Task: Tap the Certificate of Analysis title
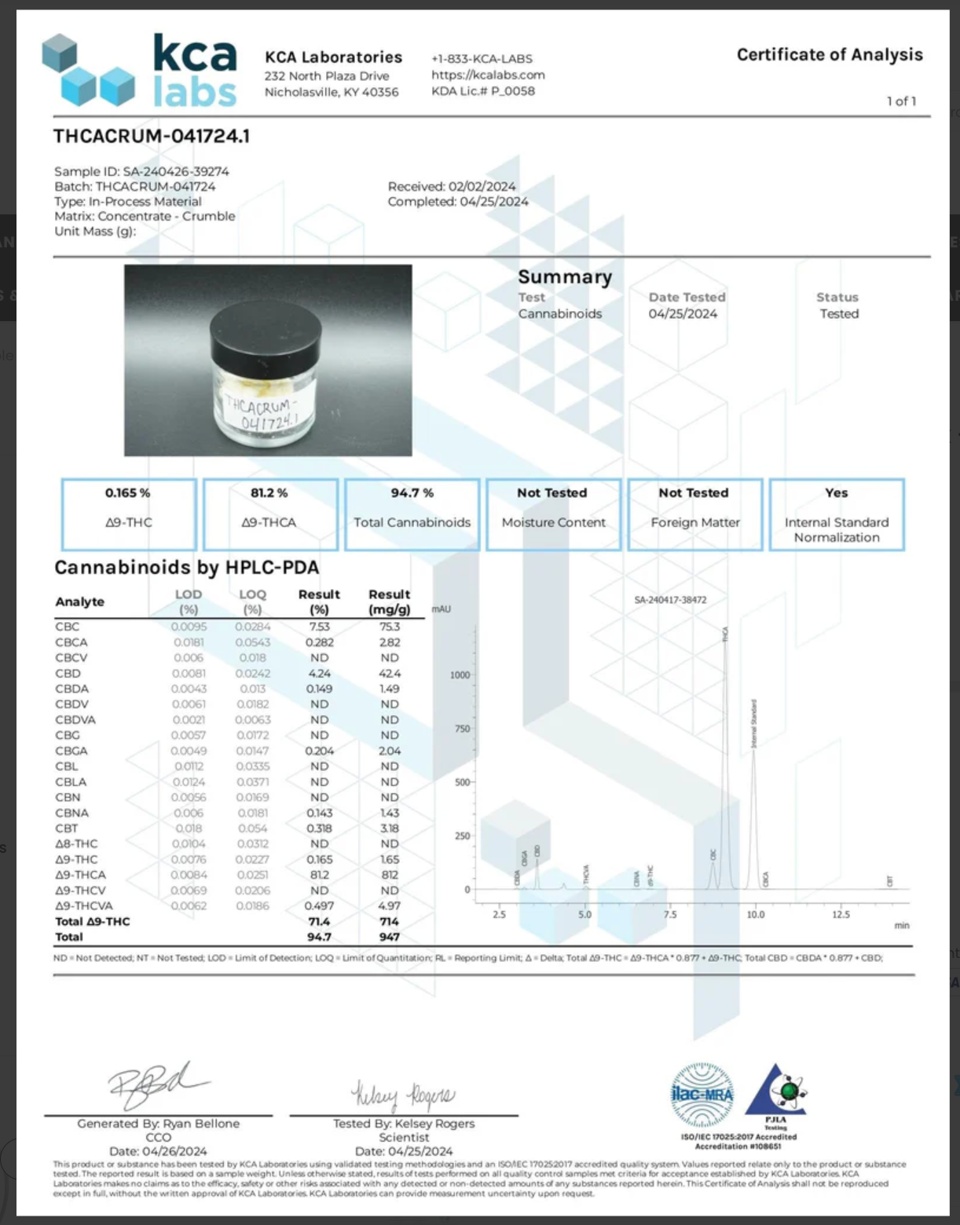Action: click(x=830, y=55)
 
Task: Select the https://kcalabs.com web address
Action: click(x=488, y=75)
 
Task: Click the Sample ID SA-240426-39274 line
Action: click(x=141, y=171)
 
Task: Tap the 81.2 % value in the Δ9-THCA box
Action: click(x=269, y=493)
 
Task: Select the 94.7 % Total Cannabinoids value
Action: click(x=412, y=493)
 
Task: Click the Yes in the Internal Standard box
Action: click(x=836, y=493)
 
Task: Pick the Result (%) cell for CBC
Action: click(x=319, y=627)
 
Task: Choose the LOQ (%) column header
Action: click(x=252, y=602)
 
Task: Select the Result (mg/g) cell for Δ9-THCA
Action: click(x=390, y=875)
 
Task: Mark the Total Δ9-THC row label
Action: click(x=93, y=922)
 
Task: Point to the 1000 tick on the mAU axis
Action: click(x=460, y=675)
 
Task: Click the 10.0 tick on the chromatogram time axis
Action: click(x=755, y=915)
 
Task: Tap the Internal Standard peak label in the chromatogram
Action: click(x=754, y=722)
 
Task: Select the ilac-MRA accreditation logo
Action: click(x=702, y=1095)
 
